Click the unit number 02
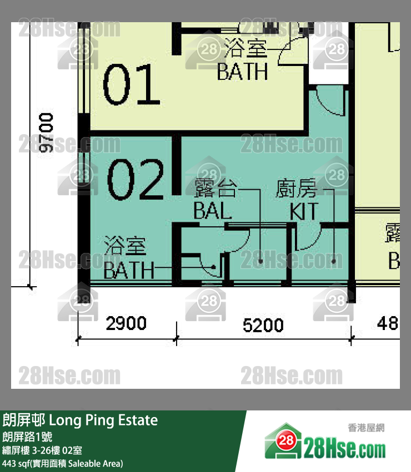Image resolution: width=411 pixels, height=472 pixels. tap(136, 179)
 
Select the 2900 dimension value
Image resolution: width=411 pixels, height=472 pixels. tap(127, 323)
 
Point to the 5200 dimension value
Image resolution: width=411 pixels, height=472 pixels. tap(263, 324)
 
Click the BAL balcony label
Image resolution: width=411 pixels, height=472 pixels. tap(212, 211)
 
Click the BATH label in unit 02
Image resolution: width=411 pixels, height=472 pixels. tap(129, 271)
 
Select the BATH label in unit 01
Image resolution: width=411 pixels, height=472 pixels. tap(242, 71)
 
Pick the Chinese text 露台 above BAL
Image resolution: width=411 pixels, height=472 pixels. tap(215, 189)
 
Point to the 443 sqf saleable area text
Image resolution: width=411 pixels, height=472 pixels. tap(63, 463)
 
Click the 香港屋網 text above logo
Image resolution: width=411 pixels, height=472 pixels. tap(366, 428)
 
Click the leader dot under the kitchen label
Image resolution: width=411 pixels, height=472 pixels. tap(333, 261)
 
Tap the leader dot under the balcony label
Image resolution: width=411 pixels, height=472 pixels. tap(260, 261)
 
